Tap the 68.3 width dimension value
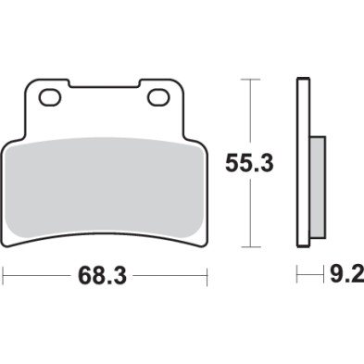pos(105,276)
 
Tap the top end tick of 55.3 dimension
pos(247,80)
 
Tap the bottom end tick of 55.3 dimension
pos(247,247)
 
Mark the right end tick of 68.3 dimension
pos(206,276)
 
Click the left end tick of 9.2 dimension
pos(297,276)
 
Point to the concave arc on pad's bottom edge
pos(105,237)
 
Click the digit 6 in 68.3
pos(85,276)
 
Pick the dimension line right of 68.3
pos(171,276)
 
